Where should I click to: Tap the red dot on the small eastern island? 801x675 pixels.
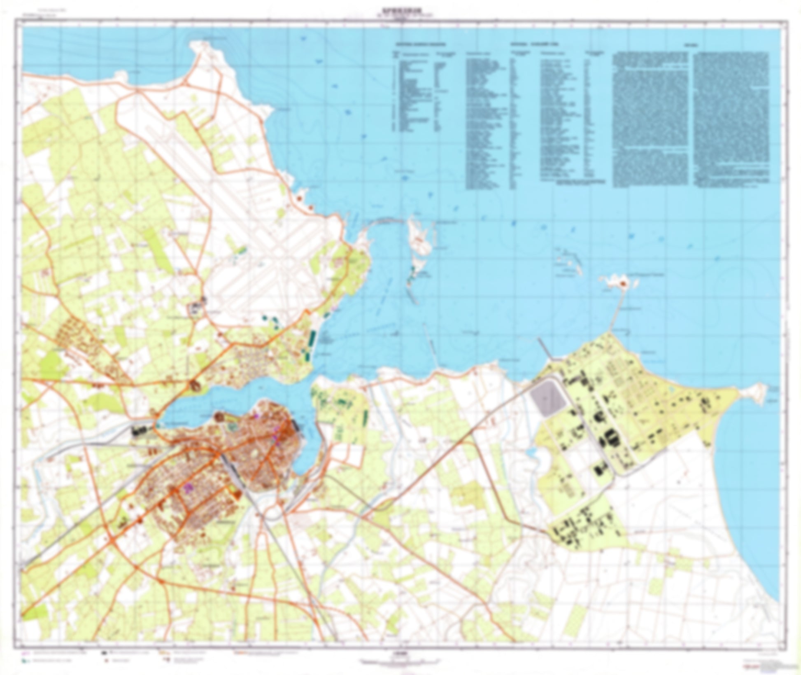tap(623, 283)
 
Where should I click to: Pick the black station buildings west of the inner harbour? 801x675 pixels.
tap(139, 431)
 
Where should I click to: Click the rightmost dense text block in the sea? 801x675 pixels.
tap(731, 117)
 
